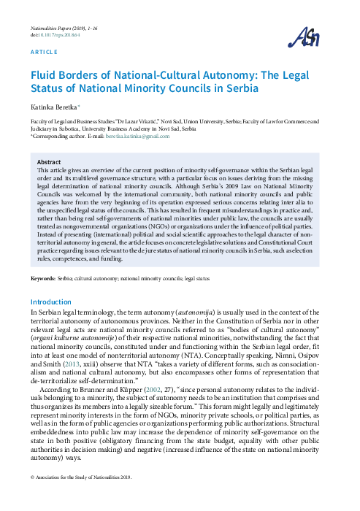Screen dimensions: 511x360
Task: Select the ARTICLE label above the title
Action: (x=44, y=54)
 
